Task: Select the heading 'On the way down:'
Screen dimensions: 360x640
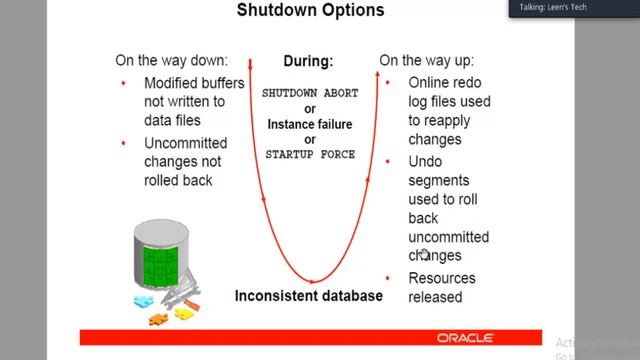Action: pos(170,60)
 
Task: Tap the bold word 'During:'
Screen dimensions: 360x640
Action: pos(307,61)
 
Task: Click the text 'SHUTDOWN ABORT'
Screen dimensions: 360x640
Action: pos(309,93)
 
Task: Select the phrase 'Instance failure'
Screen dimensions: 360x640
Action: pos(310,124)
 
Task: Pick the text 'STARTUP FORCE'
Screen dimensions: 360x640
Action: pos(310,155)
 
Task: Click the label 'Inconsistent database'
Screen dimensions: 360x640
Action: pos(308,295)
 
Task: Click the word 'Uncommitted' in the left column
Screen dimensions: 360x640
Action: pos(185,143)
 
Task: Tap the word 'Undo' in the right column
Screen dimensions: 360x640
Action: pos(424,161)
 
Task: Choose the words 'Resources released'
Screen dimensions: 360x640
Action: pos(441,287)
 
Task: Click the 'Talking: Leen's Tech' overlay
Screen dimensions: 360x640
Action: pos(553,7)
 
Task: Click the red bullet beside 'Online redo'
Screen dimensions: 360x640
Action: pos(390,83)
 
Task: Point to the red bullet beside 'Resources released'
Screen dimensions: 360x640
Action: pos(390,278)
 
